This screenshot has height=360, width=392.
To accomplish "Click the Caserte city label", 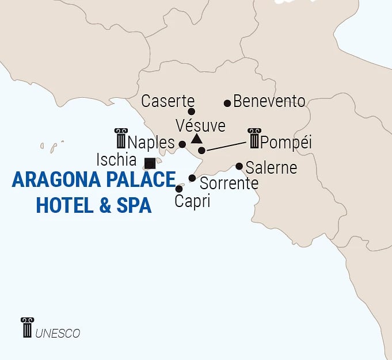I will tap(168, 102).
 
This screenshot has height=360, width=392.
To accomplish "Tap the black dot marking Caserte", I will tap(192, 112).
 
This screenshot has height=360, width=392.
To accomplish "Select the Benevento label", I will tap(269, 102).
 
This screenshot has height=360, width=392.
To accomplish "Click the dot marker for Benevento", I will tap(227, 104).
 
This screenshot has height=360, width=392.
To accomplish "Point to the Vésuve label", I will tap(200, 125).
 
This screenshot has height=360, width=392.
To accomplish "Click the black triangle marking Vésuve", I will tap(196, 139).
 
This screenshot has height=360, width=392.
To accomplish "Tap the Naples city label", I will tap(151, 142).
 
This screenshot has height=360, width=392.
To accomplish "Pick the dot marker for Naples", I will tap(182, 144).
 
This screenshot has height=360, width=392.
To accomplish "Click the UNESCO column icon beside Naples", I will tap(120, 139).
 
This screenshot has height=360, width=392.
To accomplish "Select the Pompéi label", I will tap(286, 142).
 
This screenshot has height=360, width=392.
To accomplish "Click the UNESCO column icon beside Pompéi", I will tap(254, 139).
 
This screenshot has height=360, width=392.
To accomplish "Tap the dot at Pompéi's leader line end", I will tap(201, 151).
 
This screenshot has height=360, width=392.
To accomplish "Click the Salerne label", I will tap(271, 168).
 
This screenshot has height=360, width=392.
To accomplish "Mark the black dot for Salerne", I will tap(239, 167).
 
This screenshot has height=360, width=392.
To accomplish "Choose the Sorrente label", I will tap(229, 184).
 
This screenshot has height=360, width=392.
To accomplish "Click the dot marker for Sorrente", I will tap(192, 178).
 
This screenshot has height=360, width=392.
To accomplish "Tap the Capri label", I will tap(192, 202).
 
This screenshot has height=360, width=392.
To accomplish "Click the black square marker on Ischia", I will tap(150, 163).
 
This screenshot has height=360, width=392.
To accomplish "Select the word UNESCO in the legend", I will tap(58, 334).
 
